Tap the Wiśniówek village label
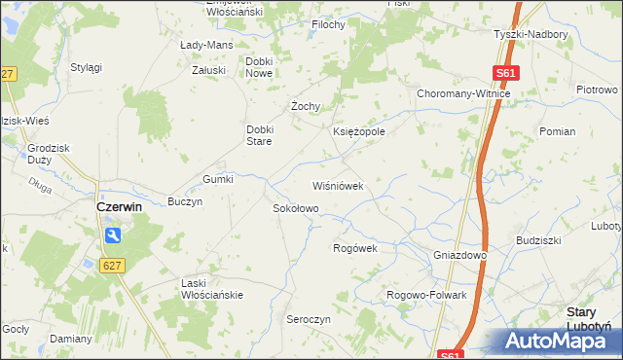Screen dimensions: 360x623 click(x=337, y=185)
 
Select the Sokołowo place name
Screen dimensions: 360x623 click(x=295, y=208)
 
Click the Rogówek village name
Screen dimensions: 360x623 click(x=354, y=248)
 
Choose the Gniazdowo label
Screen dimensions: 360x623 click(x=459, y=255)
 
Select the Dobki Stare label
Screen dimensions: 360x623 click(x=264, y=135)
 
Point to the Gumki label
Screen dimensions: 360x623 click(x=217, y=179)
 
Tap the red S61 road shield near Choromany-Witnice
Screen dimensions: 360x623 click(x=505, y=73)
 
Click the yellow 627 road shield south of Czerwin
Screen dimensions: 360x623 click(x=116, y=265)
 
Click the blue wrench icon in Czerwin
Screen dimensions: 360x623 click(x=113, y=234)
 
